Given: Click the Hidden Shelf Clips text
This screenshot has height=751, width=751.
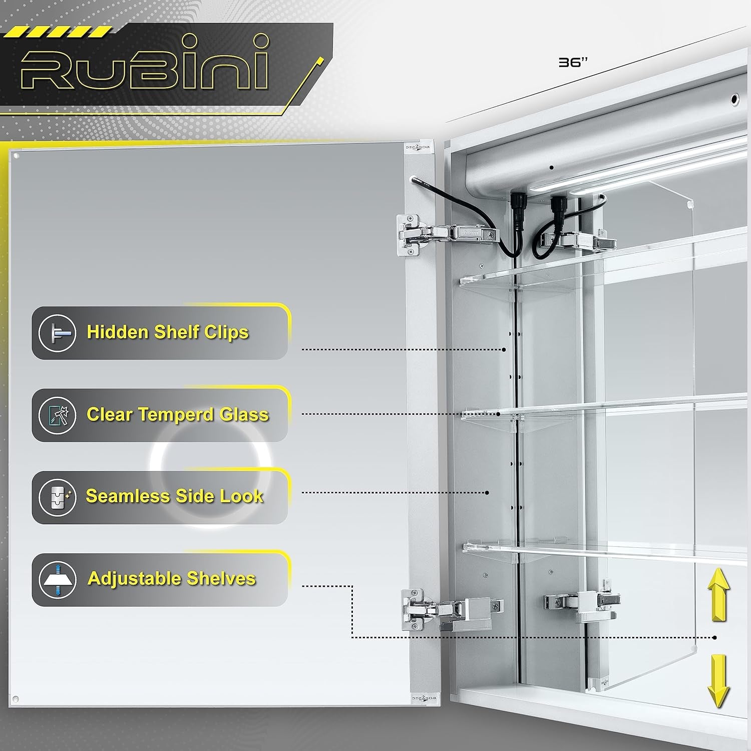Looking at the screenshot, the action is click(168, 332).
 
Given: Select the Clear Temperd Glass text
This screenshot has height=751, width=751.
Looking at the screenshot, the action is click(178, 415).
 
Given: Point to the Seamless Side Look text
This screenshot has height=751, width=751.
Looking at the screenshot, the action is click(175, 496).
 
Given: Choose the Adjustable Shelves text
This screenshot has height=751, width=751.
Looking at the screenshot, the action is click(172, 579).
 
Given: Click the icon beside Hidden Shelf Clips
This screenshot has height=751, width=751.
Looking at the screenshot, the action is click(57, 333).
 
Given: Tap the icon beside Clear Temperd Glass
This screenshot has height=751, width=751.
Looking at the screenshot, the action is click(57, 415).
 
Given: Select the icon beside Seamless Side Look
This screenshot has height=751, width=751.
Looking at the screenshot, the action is click(57, 497).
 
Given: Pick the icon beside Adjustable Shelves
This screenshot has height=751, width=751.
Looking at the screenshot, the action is click(57, 580).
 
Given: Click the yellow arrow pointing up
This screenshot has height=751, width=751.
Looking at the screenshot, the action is click(718, 595).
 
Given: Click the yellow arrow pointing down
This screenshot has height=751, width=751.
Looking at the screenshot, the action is click(718, 681).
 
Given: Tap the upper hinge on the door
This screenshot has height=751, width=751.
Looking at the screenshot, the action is click(448, 234).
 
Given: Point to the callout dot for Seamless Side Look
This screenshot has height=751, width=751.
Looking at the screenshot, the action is click(487, 493).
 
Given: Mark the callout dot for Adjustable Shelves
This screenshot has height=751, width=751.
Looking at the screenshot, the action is click(715, 637).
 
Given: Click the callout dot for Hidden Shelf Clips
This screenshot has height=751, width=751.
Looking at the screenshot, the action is click(504, 349).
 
